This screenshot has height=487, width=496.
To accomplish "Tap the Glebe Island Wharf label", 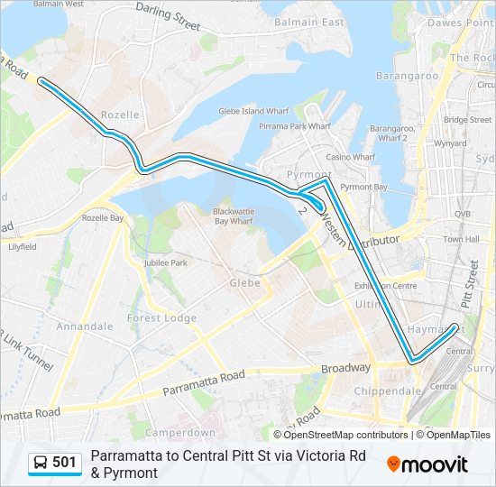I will [x=253, y=111].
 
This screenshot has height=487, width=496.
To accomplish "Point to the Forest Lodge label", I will [x=161, y=317].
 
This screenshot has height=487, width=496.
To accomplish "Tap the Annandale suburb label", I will [x=84, y=326].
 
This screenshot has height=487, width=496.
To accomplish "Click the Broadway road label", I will [x=345, y=368].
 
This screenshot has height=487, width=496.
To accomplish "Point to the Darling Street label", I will [x=168, y=15].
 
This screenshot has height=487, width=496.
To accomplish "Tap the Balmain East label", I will [x=297, y=22].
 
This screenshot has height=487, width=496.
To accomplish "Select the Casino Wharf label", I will [x=350, y=157].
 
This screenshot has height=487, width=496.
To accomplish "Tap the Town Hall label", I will [x=460, y=239].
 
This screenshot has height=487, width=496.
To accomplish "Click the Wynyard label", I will [x=450, y=142].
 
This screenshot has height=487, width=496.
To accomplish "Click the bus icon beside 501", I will [x=41, y=463].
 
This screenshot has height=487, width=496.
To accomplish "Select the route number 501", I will [x=64, y=463].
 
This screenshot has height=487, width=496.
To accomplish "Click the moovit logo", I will [x=427, y=464].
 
